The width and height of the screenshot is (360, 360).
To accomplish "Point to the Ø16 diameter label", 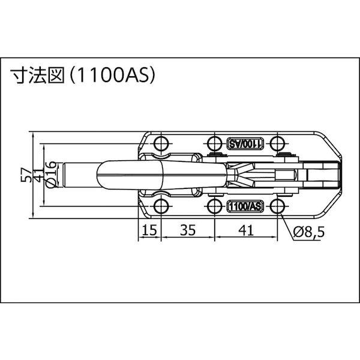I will [x=52, y=175].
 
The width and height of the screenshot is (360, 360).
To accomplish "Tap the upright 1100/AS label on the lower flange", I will [x=245, y=206].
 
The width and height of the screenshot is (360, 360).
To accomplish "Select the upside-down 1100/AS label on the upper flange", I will [x=245, y=144].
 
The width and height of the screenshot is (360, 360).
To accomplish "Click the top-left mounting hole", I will [x=160, y=143].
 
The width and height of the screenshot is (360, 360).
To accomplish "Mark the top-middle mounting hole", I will [x=215, y=143].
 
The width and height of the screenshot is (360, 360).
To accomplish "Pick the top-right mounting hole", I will [x=277, y=143].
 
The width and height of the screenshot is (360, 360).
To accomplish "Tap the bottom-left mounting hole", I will [x=160, y=207].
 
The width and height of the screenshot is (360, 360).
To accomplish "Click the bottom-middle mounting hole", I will [x=215, y=207].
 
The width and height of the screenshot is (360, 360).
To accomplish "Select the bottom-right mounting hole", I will [x=277, y=207].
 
